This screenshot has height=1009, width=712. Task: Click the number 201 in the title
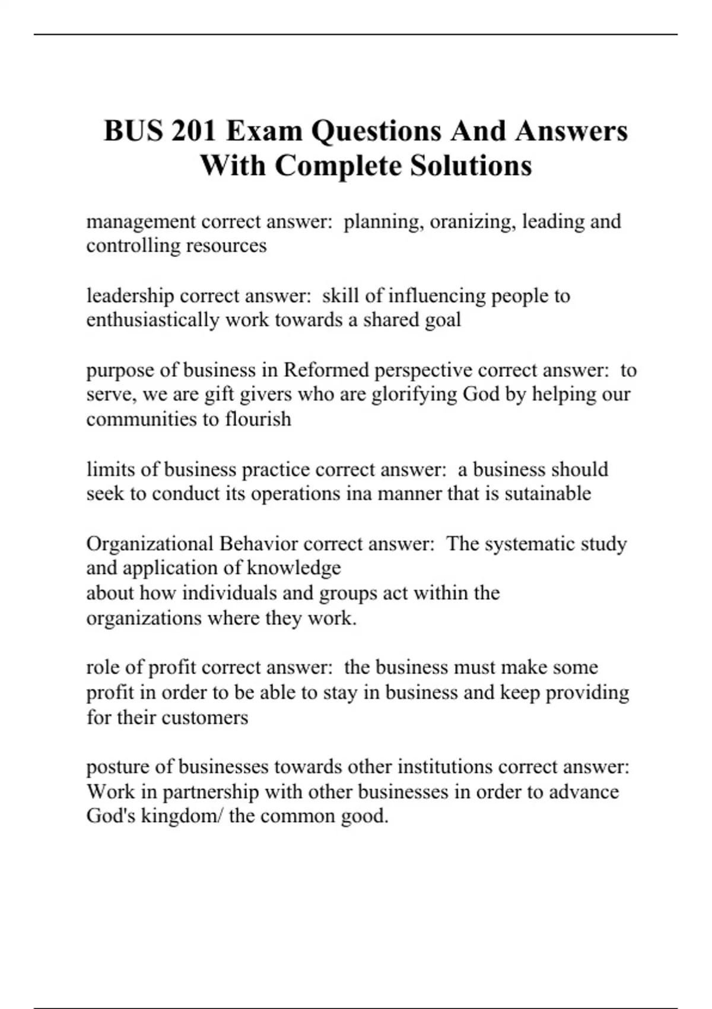click(193, 131)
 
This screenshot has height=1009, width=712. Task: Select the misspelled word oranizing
click(472, 222)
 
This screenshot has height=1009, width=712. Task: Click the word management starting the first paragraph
click(141, 222)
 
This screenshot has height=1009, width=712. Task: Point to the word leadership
click(130, 296)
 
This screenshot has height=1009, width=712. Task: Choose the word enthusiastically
click(152, 320)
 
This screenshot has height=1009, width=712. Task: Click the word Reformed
click(326, 370)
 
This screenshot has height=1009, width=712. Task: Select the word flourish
click(258, 419)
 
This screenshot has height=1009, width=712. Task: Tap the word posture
click(117, 767)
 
